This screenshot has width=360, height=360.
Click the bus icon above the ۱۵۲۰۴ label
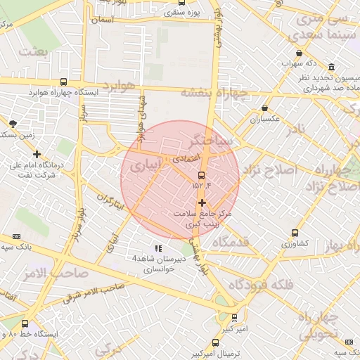pos(202,175)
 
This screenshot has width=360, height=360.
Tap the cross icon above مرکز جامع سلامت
pos(202,202)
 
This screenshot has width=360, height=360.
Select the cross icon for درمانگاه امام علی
pos(37,154)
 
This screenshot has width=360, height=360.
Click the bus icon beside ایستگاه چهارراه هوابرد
pos(64,82)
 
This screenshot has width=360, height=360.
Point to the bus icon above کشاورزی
pos(295,233)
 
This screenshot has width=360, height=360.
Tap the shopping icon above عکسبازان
pos(264,108)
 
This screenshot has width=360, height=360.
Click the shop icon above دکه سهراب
pos(300,53)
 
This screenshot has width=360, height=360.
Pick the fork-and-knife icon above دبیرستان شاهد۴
pos(158,248)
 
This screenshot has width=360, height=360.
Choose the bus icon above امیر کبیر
pos(234,317)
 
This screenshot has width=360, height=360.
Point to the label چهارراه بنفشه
pos(214,92)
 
